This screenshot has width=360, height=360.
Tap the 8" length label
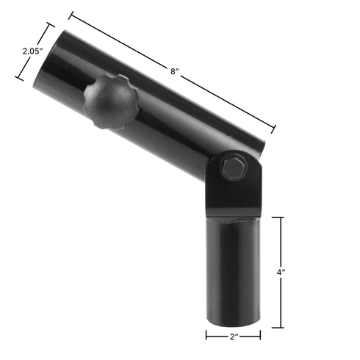point(174,71)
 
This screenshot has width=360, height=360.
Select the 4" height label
point(281,272)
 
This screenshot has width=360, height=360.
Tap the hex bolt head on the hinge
point(233,168)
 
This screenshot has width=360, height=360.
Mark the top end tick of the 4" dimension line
point(281,217)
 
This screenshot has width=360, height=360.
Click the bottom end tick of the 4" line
point(281,327)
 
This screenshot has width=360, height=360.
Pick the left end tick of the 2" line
point(206,336)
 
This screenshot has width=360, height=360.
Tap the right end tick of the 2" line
point(261,336)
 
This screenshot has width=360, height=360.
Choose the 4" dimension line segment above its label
point(281,242)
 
